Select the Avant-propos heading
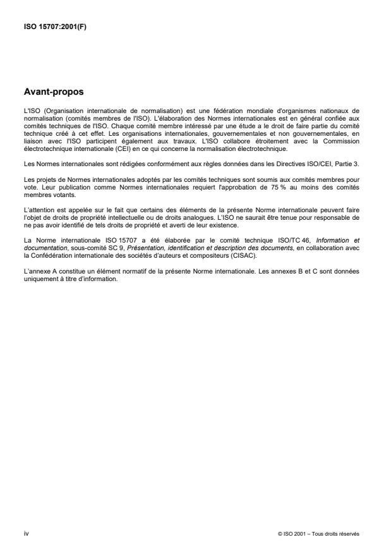(x=54, y=92)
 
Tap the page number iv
(x=25, y=533)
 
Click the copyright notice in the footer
(x=318, y=534)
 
